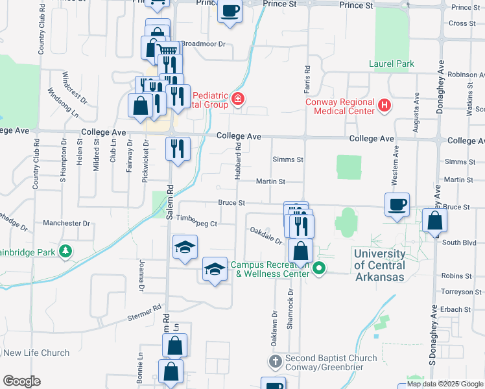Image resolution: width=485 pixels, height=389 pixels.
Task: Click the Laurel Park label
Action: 391,64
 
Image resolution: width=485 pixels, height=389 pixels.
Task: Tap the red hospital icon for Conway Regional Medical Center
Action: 384,105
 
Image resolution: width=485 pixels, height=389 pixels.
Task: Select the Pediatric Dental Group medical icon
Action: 238,99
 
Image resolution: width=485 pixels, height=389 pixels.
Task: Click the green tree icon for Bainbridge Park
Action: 65,251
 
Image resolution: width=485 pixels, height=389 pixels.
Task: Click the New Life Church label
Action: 36,353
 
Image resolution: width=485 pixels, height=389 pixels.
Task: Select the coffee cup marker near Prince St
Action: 230,11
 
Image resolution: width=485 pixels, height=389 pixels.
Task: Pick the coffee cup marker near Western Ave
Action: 397,205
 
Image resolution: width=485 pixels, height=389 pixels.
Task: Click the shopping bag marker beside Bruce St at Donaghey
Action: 434,221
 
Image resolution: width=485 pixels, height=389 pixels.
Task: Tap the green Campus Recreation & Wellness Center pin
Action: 318,268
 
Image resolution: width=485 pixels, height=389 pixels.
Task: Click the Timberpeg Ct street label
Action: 196,224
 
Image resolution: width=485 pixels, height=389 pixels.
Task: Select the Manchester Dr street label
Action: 66,223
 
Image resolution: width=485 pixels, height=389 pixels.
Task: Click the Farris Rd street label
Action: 308,77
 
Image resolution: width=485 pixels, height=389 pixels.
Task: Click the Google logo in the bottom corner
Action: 21,381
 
